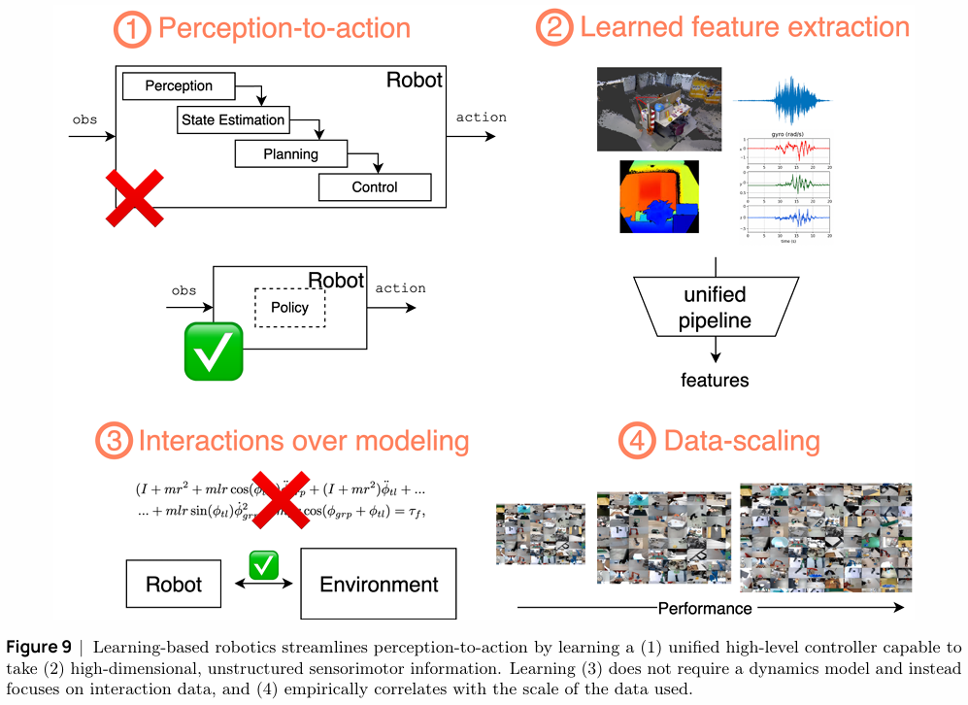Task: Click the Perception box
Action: coord(180,86)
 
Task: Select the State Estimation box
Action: coord(233,120)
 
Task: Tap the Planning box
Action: coord(290,153)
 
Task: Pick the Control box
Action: coord(374,187)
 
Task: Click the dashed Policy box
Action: coord(289,308)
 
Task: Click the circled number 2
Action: coord(554,28)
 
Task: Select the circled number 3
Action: coord(115,443)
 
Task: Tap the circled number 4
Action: coord(636,443)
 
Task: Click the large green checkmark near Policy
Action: coord(213,352)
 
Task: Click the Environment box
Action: coord(379,585)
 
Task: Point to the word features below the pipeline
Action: coord(715,380)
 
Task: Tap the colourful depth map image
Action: coord(660,198)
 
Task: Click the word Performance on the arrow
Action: coord(705,609)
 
